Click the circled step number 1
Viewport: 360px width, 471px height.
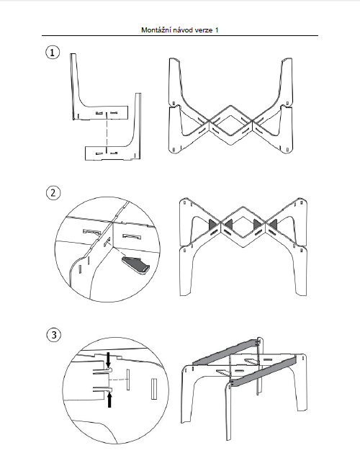[53, 53]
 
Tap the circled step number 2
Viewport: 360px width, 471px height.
[53, 193]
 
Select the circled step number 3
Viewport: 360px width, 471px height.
[54, 335]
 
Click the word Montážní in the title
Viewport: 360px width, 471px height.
[153, 30]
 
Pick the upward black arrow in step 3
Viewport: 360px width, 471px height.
[109, 400]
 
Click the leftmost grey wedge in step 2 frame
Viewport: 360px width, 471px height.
[212, 224]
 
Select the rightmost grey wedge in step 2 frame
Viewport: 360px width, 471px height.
[274, 224]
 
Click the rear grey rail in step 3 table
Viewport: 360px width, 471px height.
[226, 351]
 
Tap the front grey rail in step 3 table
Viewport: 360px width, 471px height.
[264, 371]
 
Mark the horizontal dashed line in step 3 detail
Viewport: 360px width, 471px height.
[117, 380]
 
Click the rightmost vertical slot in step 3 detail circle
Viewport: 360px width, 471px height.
[154, 389]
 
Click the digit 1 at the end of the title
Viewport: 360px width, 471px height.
[217, 30]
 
